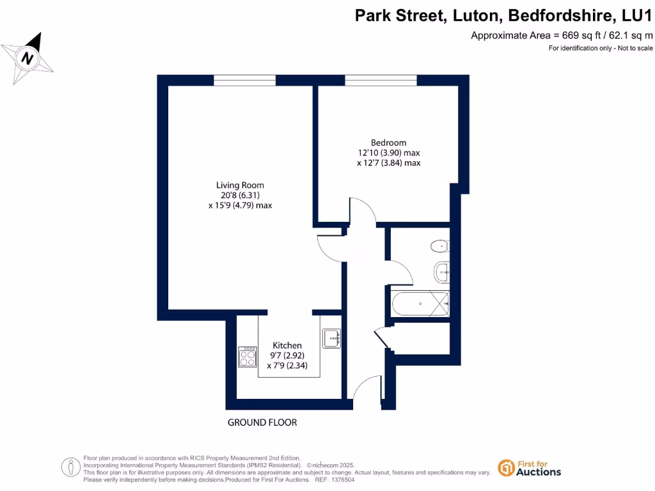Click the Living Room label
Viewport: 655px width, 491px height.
pos(240,185)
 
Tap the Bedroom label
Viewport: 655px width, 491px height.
pos(388,143)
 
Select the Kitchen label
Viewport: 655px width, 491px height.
pos(287,345)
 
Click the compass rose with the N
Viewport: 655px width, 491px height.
pos(28,58)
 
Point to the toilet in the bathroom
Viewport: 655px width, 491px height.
pos(439,246)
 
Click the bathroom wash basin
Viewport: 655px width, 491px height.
pos(442,272)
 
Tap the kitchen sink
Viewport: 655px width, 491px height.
pos(332,338)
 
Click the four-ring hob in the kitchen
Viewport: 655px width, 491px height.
pos(248,357)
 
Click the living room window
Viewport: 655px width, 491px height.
pos(245,80)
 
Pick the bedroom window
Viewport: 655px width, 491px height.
pos(381,80)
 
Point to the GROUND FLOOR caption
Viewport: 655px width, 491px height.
pos(262,423)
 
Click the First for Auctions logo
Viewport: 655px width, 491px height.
pos(530,468)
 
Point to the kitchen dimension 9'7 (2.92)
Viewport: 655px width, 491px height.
pos(287,355)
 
